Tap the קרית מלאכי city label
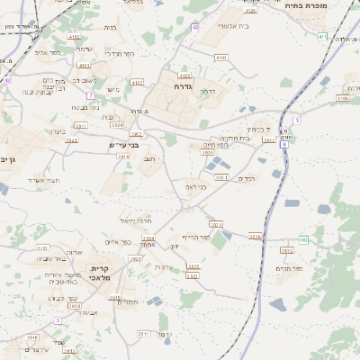tap(100, 274)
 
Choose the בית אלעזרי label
tap(237, 27)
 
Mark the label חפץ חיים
tap(214, 144)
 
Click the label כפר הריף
tap(195, 237)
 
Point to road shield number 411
tap(322, 36)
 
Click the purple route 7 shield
tap(90, 95)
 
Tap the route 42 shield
tap(6, 80)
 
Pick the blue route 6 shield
tap(284, 144)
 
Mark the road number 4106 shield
tap(342, 98)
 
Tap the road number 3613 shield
tap(255, 237)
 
